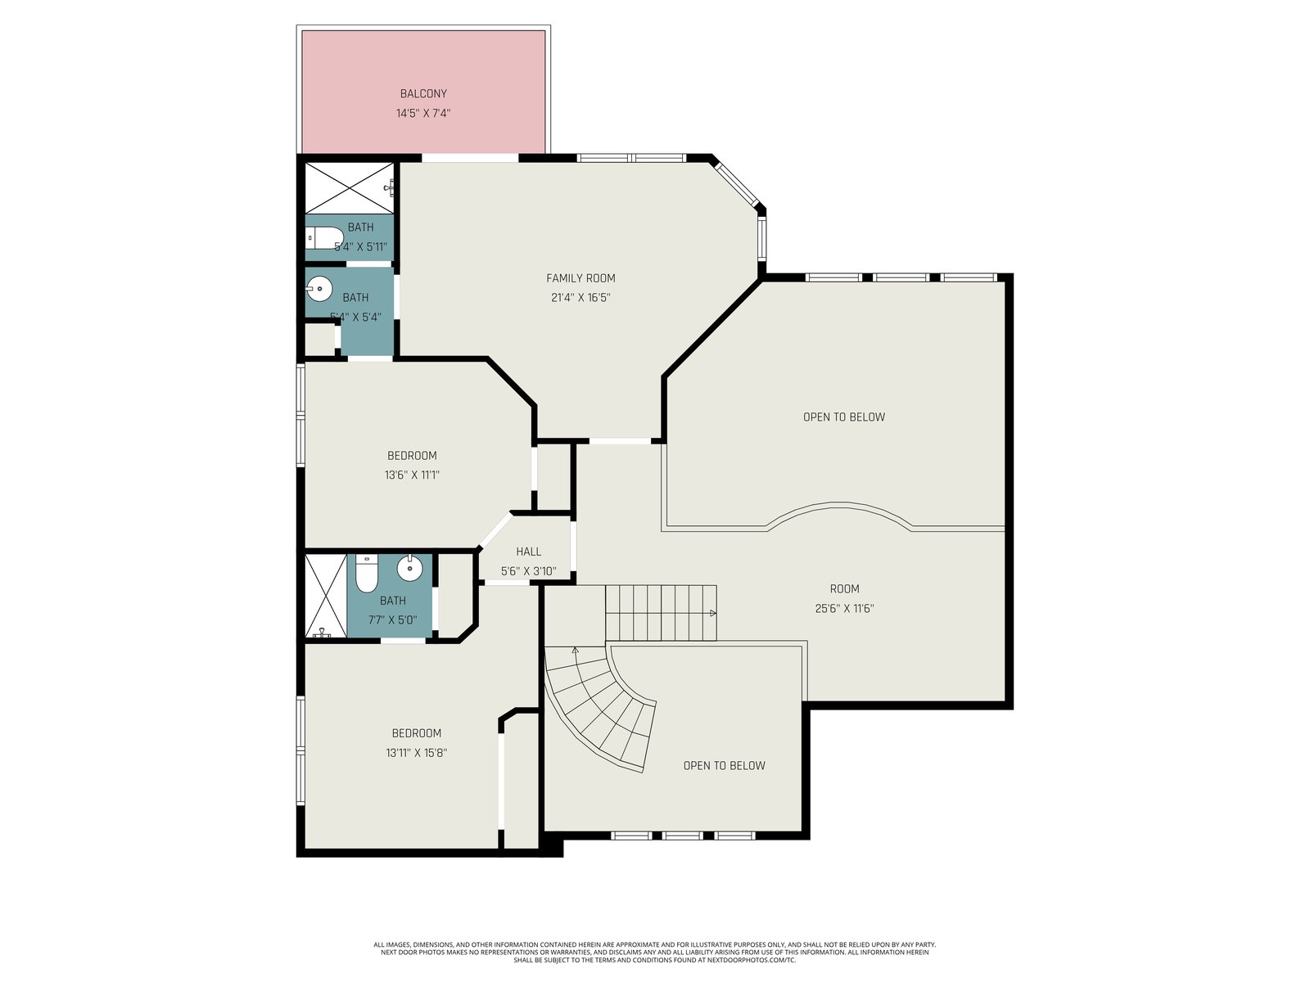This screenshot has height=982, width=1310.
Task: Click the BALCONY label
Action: tap(423, 93)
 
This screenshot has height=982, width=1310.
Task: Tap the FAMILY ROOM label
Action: tap(580, 278)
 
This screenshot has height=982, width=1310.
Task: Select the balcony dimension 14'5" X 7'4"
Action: tap(423, 113)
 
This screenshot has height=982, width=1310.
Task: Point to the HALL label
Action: tap(529, 552)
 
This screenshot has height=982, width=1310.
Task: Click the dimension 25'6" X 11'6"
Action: tap(844, 609)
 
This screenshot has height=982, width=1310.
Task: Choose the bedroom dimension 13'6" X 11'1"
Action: tap(412, 475)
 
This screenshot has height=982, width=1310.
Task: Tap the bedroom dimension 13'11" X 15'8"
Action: tap(417, 753)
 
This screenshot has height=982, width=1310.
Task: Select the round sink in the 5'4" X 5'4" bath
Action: tap(319, 290)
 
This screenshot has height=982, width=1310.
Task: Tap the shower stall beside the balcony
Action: tap(350, 188)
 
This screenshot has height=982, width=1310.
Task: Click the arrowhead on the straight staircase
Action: tap(712, 613)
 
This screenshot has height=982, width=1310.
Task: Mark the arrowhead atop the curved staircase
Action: tap(576, 651)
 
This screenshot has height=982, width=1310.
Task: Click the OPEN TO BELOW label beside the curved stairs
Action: tap(724, 766)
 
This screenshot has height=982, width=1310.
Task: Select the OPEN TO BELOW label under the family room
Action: tap(844, 417)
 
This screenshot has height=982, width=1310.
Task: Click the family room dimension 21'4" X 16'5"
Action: tap(580, 298)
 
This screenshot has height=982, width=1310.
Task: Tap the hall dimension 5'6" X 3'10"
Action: tap(529, 571)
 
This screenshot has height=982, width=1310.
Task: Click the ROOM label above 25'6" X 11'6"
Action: tap(844, 589)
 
